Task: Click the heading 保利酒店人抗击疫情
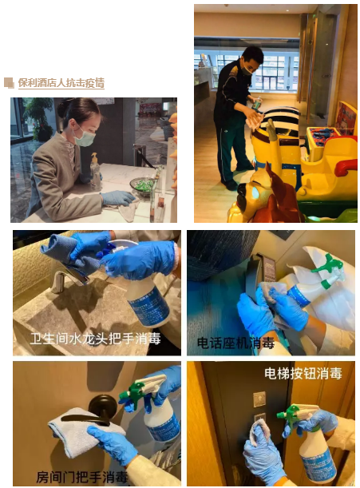pyautogui.click(x=61, y=83)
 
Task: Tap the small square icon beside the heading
pyautogui.click(x=9, y=83)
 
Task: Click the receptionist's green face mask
pyautogui.click(x=84, y=137)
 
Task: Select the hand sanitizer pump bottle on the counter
pyautogui.click(x=95, y=172)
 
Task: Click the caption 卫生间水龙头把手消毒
pyautogui.click(x=95, y=339)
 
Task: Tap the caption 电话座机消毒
pyautogui.click(x=235, y=343)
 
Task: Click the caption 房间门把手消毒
pyautogui.click(x=82, y=477)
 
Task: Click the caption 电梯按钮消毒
pyautogui.click(x=303, y=373)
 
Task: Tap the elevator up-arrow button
pyautogui.click(x=259, y=399)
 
